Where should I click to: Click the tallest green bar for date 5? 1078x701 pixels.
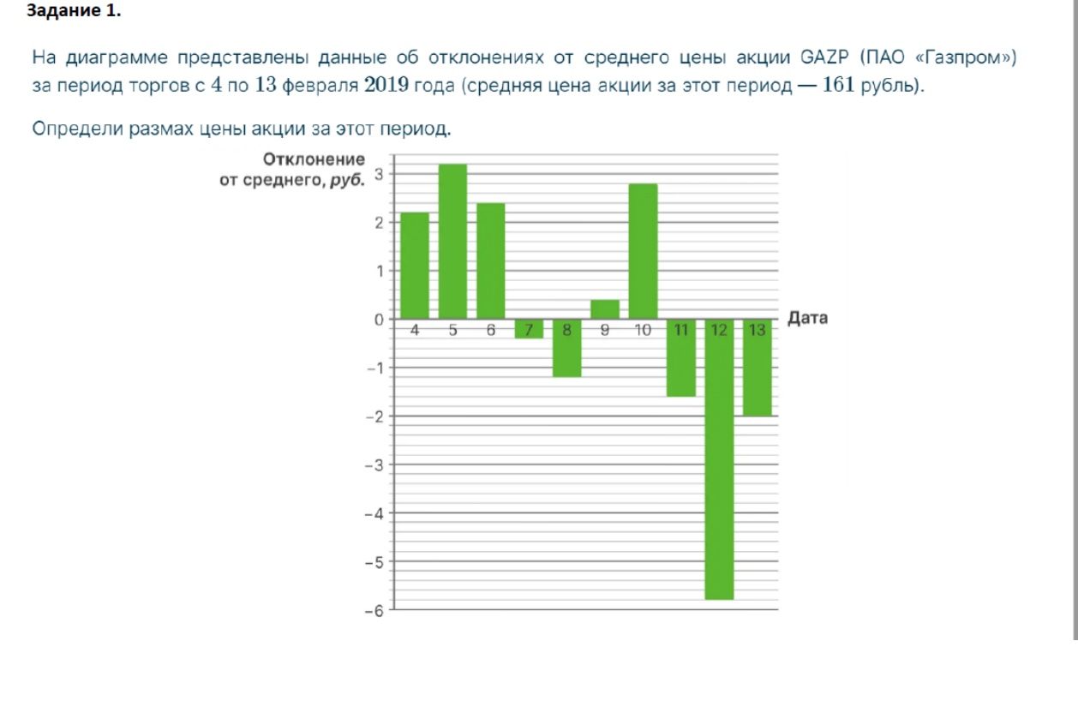click(452, 242)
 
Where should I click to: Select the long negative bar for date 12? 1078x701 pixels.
click(719, 459)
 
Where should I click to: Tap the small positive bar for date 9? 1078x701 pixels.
click(605, 309)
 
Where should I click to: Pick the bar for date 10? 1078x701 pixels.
click(643, 251)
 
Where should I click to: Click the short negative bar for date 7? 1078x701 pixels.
click(529, 328)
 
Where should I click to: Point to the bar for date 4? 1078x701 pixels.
click(415, 266)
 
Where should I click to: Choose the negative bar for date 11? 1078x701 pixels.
click(681, 358)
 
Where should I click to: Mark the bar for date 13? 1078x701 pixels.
click(757, 368)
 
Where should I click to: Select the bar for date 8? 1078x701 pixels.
click(567, 348)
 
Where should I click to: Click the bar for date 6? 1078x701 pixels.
click(490, 261)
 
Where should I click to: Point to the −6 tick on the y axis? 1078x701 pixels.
click(374, 611)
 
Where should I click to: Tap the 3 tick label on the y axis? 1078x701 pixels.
click(380, 174)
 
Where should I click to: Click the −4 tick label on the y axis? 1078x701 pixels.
click(374, 514)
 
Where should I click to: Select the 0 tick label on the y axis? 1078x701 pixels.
click(380, 320)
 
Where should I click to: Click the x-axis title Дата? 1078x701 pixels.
click(807, 318)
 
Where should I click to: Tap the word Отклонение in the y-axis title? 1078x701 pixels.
click(314, 159)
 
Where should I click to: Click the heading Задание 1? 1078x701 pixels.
click(74, 10)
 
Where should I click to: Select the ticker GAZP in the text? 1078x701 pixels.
click(824, 57)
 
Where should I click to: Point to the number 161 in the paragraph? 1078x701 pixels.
click(838, 85)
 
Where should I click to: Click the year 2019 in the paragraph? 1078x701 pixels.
click(386, 85)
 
